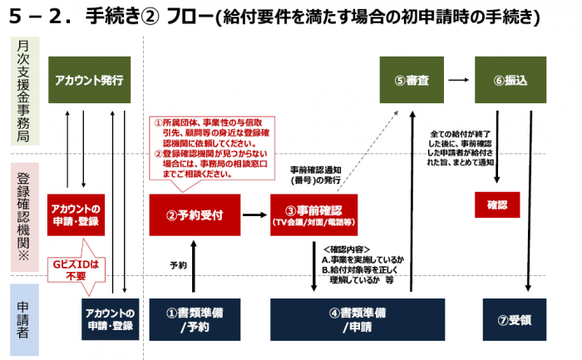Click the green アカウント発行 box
89,81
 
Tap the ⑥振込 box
510,81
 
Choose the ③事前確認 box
313,215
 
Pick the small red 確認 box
496,204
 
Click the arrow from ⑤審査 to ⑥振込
456,81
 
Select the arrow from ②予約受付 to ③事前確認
253,215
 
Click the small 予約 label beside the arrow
177,265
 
